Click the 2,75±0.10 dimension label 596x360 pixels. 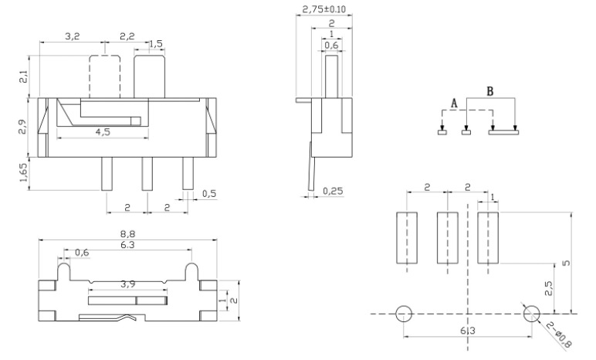323,9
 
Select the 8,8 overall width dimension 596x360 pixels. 127,233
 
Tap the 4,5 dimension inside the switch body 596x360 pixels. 103,132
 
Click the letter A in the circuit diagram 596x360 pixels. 454,103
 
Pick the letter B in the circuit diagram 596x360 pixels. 490,91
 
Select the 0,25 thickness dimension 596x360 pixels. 333,191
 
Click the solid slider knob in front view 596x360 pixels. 149,76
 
